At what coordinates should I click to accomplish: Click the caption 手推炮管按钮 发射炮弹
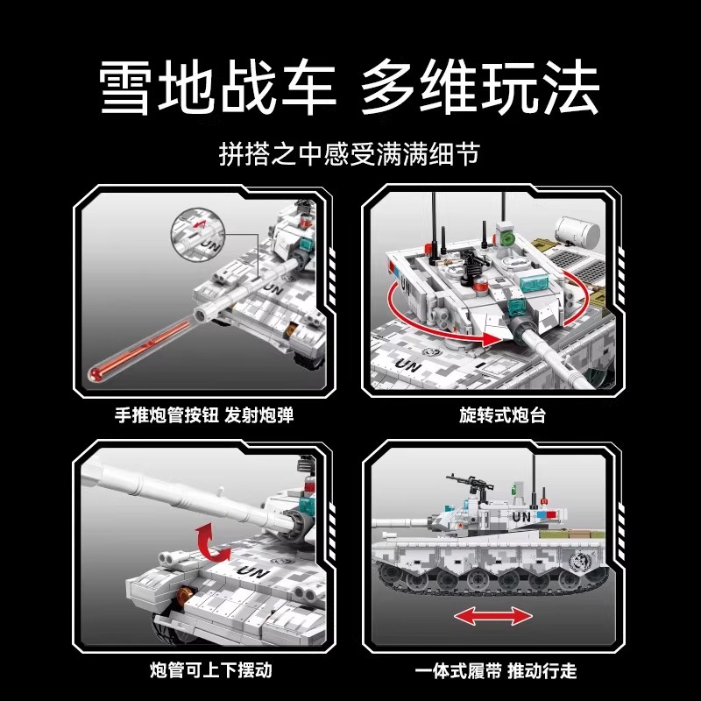pyautogui.click(x=204, y=414)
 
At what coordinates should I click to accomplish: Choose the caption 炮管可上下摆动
pyautogui.click(x=204, y=671)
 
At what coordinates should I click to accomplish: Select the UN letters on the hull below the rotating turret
pyautogui.click(x=407, y=363)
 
